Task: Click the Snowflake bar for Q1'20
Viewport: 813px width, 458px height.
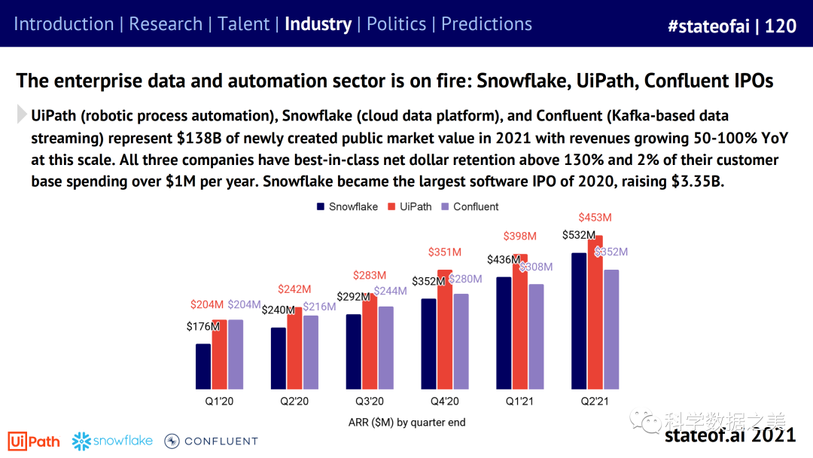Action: tap(203, 366)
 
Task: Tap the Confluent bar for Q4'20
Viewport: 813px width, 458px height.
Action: tap(461, 341)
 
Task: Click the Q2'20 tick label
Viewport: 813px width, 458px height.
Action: tap(294, 402)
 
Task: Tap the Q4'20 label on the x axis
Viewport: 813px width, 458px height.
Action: tap(445, 402)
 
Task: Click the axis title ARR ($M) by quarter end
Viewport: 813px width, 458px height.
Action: tap(407, 423)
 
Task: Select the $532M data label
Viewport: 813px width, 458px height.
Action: tap(578, 235)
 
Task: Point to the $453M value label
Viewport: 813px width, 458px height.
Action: tap(595, 218)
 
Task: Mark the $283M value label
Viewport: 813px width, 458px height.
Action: tap(370, 276)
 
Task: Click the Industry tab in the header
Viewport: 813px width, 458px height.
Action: tap(318, 24)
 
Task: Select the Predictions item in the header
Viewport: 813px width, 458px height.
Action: tap(486, 24)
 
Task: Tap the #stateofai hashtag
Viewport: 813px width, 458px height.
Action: tap(711, 26)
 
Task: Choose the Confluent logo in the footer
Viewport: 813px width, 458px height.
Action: tap(212, 441)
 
